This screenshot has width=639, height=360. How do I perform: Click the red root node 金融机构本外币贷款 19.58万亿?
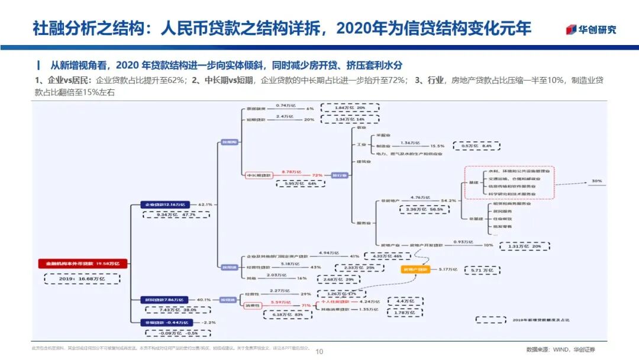point(82,263)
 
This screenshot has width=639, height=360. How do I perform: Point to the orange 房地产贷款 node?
point(417,269)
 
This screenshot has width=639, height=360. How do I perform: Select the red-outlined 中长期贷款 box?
point(258,175)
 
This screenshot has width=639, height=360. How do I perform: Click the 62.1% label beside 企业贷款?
point(205,204)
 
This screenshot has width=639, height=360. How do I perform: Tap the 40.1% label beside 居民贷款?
point(204,300)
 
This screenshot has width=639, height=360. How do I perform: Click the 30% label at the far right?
point(596,181)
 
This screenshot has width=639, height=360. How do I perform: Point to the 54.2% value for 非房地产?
point(448,201)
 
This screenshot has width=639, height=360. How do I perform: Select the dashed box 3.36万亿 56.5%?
point(422,209)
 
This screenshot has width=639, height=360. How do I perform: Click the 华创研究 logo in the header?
point(590,29)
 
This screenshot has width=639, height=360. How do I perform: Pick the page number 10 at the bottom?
point(319,351)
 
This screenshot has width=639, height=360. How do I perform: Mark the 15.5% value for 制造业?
point(437,146)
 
